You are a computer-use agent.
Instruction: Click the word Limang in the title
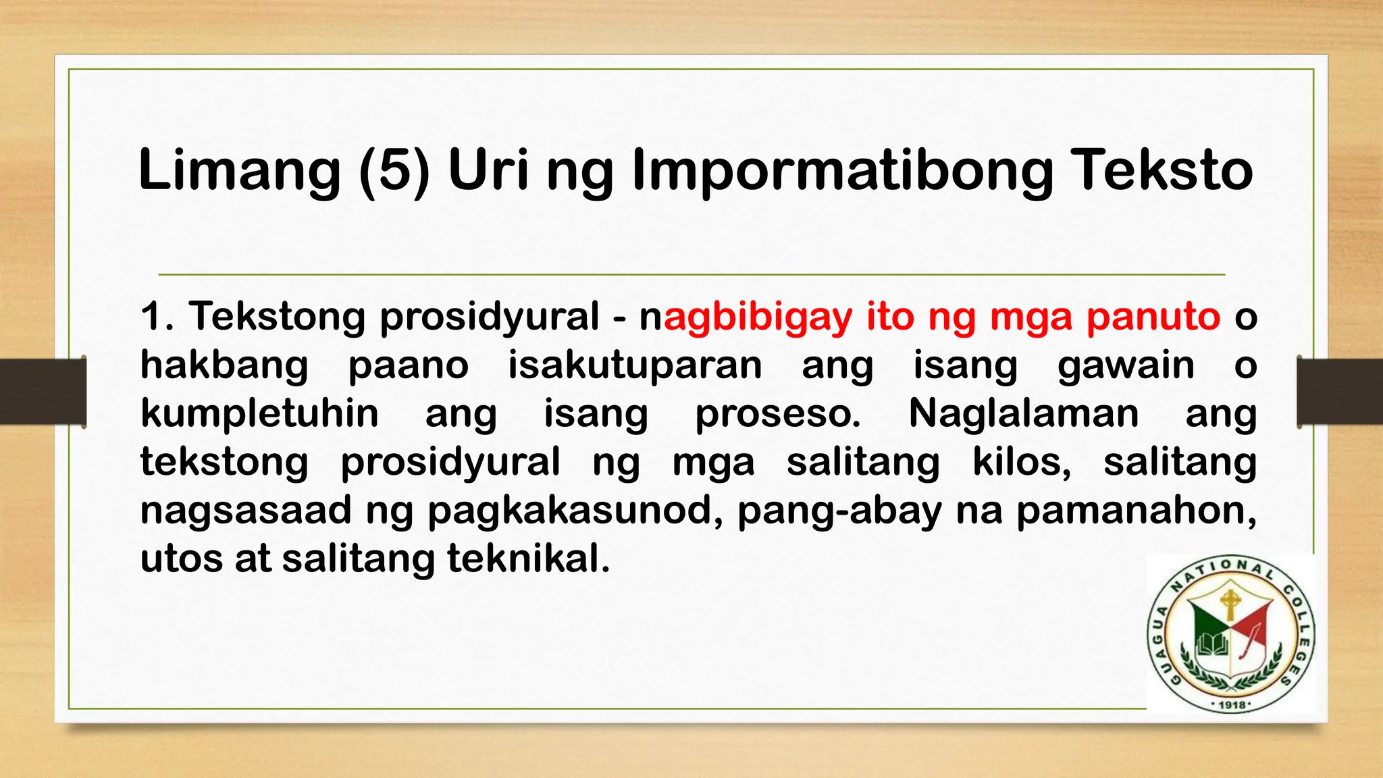pyautogui.click(x=240, y=170)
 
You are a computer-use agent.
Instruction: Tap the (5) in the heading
pyautogui.click(x=394, y=170)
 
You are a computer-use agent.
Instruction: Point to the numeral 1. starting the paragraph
pyautogui.click(x=157, y=316)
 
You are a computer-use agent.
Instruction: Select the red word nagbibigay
pyautogui.click(x=746, y=317)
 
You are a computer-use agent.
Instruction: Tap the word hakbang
pyautogui.click(x=224, y=366)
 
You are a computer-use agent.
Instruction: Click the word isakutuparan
pyautogui.click(x=635, y=366)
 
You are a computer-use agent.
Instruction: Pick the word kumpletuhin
pyautogui.click(x=259, y=414)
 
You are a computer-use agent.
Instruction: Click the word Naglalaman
pyautogui.click(x=1024, y=413)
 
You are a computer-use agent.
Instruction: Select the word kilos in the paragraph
pyautogui.click(x=1022, y=463)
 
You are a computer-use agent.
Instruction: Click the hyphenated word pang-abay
pyautogui.click(x=839, y=511)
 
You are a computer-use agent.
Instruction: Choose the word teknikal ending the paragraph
pyautogui.click(x=528, y=559)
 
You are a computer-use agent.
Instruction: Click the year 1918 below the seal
pyautogui.click(x=1230, y=705)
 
